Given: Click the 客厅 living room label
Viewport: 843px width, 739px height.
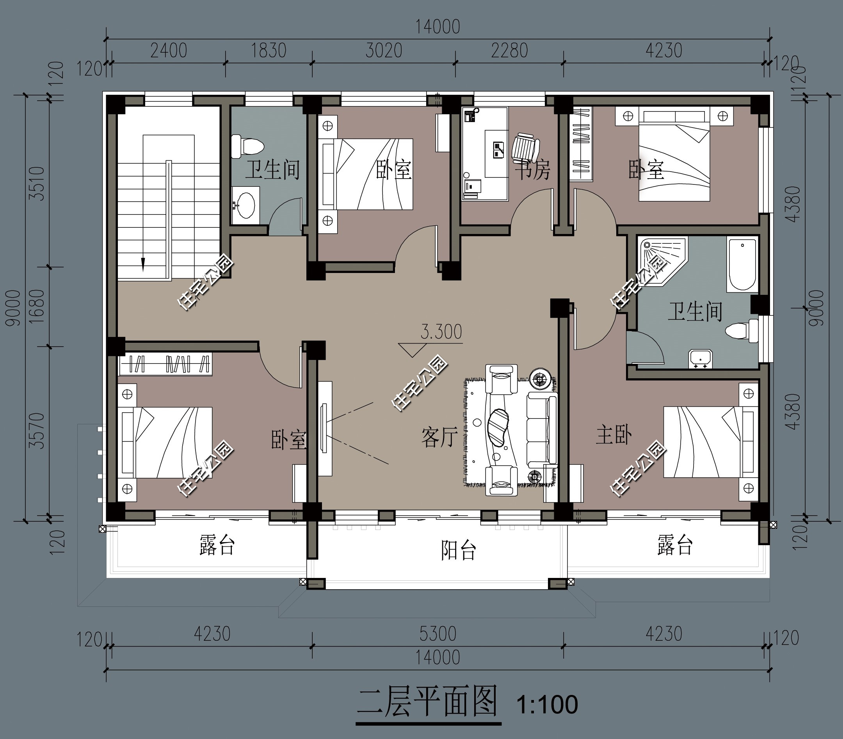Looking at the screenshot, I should pyautogui.click(x=439, y=438).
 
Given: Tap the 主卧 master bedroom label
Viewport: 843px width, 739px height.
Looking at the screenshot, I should pyautogui.click(x=613, y=435).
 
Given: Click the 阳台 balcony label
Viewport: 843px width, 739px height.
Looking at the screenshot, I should pyautogui.click(x=458, y=550).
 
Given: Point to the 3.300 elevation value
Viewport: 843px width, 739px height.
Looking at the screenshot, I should pyautogui.click(x=441, y=332).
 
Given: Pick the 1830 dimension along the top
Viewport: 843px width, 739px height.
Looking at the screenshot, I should pyautogui.click(x=269, y=51).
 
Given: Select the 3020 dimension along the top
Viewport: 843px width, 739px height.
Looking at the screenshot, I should pyautogui.click(x=384, y=51).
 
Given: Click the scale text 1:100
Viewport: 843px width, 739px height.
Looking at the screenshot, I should pyautogui.click(x=547, y=705).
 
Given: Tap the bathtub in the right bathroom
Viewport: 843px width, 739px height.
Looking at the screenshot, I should pyautogui.click(x=742, y=264).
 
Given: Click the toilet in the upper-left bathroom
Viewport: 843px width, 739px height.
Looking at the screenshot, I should pyautogui.click(x=247, y=146).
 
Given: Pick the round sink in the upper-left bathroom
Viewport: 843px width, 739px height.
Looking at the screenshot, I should pyautogui.click(x=246, y=205).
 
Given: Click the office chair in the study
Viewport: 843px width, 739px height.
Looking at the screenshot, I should pyautogui.click(x=525, y=147).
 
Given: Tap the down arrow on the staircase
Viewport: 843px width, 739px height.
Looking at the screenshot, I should pyautogui.click(x=143, y=264).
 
